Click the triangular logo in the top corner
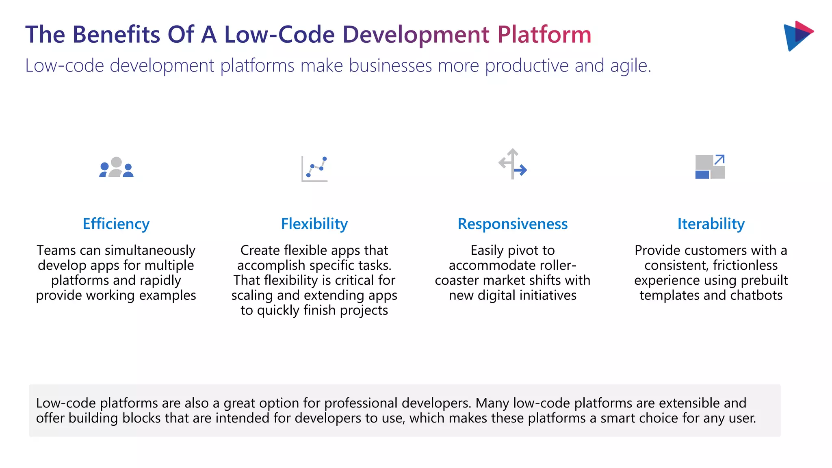[797, 36]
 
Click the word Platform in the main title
[544, 35]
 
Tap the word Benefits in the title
[116, 35]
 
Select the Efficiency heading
[116, 224]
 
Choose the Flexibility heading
[314, 224]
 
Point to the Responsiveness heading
[513, 224]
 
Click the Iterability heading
[711, 224]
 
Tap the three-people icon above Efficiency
[116, 167]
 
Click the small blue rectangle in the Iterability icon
[702, 175]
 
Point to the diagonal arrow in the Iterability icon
[719, 160]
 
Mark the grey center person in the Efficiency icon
[116, 166]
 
